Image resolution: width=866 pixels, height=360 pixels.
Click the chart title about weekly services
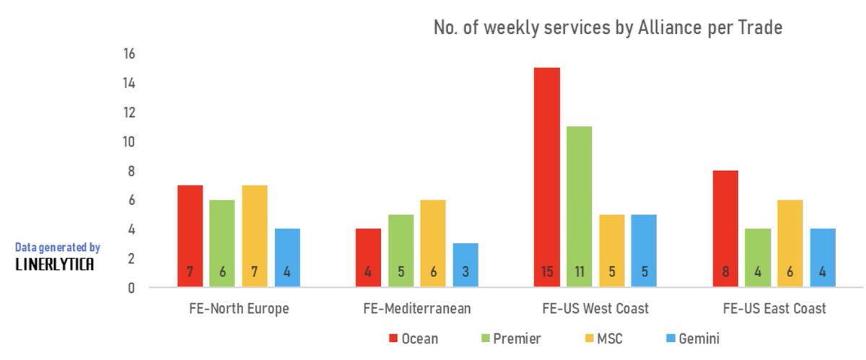608,28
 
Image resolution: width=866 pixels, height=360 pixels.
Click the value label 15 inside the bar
547,273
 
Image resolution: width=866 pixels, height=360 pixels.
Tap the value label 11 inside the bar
579,273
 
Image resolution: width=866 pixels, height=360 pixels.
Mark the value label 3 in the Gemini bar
465,273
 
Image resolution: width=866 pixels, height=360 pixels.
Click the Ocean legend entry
414,338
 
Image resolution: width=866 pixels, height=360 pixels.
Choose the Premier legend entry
509,338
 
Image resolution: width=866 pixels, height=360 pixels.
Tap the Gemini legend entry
691,338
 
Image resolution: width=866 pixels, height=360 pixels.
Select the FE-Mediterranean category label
417,309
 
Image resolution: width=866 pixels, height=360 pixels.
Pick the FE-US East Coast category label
774,309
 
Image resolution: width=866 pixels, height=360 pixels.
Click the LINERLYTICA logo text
54,265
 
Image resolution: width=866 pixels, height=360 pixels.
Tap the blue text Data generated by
57,247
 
